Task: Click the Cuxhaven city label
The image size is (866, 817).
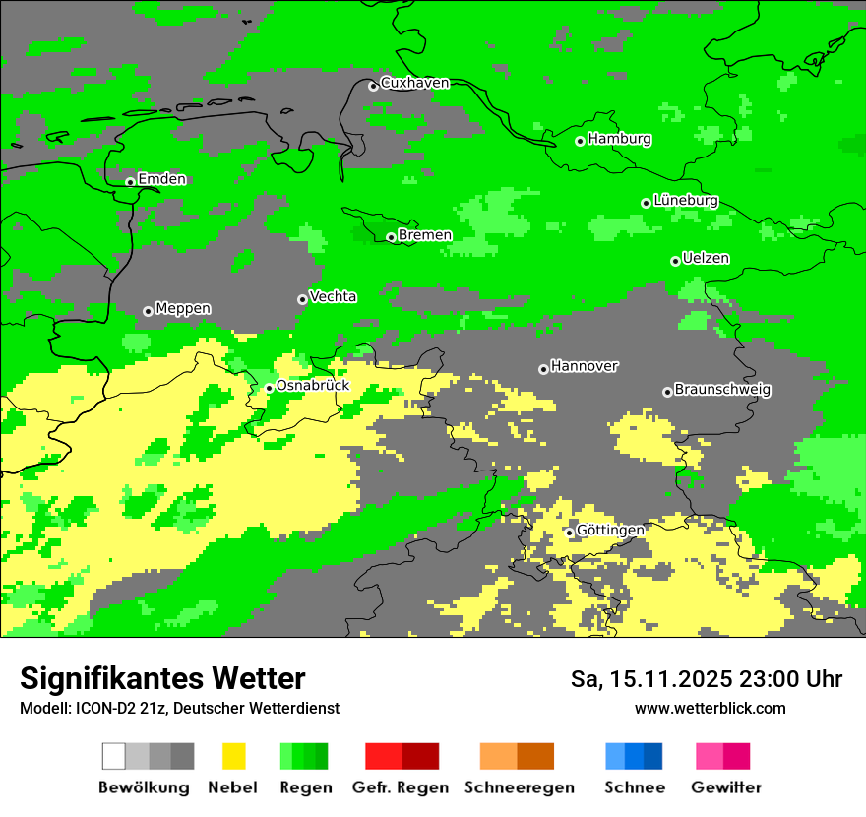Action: [414, 84]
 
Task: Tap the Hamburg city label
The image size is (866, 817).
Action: [619, 139]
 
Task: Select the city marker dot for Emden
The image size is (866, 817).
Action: [130, 182]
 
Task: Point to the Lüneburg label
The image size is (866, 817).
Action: [685, 201]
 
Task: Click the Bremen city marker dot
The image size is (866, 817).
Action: [391, 237]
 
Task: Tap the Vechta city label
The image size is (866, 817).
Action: [333, 297]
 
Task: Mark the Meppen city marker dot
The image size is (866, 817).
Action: [148, 311]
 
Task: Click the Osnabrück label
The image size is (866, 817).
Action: [312, 386]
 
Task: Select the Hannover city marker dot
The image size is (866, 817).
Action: [543, 369]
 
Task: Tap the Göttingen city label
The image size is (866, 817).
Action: [610, 531]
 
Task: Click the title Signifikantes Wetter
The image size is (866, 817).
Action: [162, 679]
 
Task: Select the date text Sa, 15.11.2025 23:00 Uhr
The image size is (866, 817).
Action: [707, 679]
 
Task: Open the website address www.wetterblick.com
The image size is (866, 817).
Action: [710, 709]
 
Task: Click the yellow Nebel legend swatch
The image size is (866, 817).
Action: [233, 756]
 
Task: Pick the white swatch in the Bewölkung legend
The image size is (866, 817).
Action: [114, 756]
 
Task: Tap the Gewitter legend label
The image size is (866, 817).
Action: [725, 787]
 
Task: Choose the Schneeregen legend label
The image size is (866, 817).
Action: [519, 787]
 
